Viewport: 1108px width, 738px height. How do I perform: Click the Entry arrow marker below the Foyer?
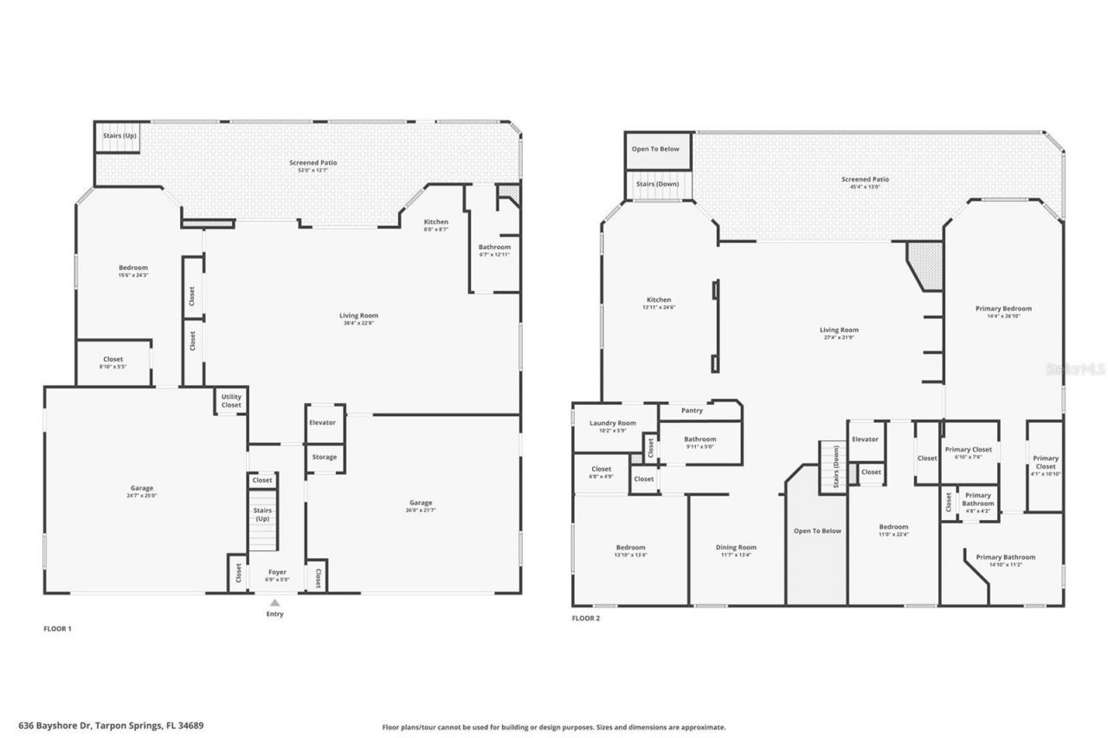(x=274, y=603)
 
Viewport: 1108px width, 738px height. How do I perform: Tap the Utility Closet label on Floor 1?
(x=231, y=401)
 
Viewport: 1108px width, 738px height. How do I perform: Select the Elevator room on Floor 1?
(x=322, y=422)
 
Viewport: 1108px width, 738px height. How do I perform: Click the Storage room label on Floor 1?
(x=325, y=457)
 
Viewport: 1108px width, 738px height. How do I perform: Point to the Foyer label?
(x=277, y=572)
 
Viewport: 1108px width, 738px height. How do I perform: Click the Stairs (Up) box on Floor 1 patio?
(x=119, y=137)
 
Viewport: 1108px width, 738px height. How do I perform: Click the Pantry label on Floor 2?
(x=692, y=410)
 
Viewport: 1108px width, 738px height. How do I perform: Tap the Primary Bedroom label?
(x=1003, y=308)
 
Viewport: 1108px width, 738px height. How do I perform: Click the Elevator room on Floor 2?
(x=865, y=440)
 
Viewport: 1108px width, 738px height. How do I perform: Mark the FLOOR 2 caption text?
(x=586, y=618)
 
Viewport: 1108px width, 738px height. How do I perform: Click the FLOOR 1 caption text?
(x=57, y=628)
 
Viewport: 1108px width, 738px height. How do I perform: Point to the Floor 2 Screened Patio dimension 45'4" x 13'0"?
(x=865, y=187)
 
